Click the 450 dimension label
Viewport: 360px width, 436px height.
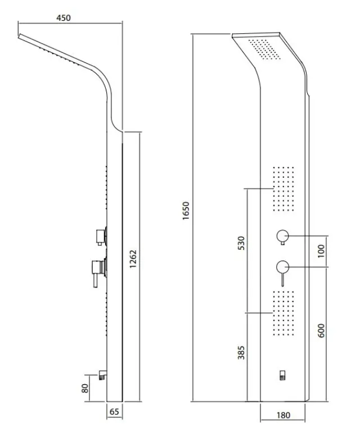(64, 18)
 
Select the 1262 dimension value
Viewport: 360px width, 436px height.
(133, 259)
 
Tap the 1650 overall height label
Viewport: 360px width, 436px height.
(186, 211)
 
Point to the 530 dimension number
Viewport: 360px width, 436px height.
(241, 243)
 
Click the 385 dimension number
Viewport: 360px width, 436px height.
(241, 353)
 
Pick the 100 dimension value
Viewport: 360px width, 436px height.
(321, 251)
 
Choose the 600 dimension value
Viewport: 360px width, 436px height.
(321, 331)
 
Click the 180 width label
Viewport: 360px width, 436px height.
(283, 415)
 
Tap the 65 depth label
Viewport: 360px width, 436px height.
(114, 412)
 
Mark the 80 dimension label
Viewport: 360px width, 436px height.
(85, 388)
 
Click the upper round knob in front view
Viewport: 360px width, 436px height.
(283, 236)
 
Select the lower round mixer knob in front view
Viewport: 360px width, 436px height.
(283, 267)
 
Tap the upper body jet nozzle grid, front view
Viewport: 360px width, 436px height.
(283, 189)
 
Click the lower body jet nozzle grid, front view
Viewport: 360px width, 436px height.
(283, 313)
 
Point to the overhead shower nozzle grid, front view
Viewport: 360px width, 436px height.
(264, 49)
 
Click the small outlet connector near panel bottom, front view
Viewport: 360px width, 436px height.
(283, 375)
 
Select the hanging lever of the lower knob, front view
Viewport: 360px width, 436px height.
(282, 280)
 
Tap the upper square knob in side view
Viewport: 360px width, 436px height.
(100, 237)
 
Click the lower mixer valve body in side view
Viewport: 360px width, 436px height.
(98, 269)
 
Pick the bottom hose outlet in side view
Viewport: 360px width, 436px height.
(102, 375)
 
